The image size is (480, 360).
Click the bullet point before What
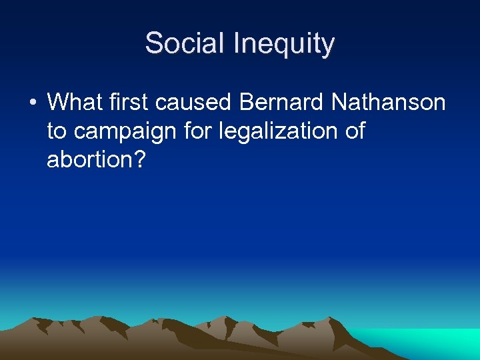[x=31, y=103]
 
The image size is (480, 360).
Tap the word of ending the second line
[x=355, y=131]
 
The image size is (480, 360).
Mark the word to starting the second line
[x=56, y=132]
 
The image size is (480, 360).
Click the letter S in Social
[x=153, y=44]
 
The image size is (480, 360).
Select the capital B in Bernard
[x=247, y=103]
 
